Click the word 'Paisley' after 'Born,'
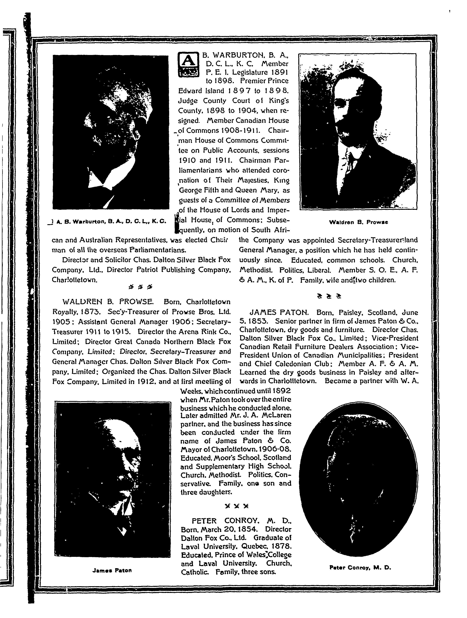(351, 312)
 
